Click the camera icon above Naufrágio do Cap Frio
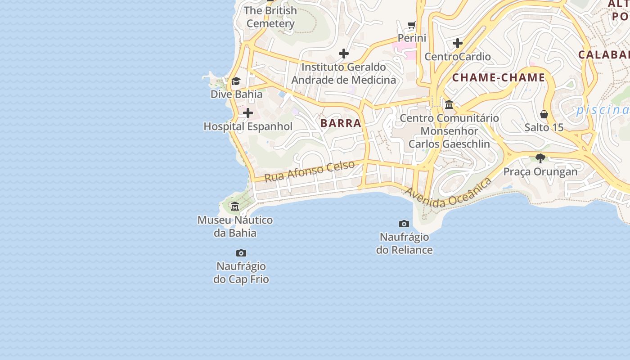[241, 253]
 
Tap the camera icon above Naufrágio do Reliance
[404, 224]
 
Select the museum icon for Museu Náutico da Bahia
[235, 207]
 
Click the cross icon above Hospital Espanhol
[248, 113]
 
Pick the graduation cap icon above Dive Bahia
[236, 81]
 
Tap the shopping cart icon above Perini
[412, 24]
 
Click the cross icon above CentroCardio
[458, 43]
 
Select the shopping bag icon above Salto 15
[544, 114]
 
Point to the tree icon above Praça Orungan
[540, 158]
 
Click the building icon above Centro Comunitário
[449, 104]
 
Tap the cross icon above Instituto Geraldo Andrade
[344, 54]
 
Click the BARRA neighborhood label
[341, 123]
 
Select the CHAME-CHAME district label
[499, 78]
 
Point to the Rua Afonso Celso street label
[310, 171]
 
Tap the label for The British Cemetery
[271, 17]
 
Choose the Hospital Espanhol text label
[248, 126]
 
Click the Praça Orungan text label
[540, 171]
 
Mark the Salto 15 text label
[544, 127]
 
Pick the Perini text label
[412, 38]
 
